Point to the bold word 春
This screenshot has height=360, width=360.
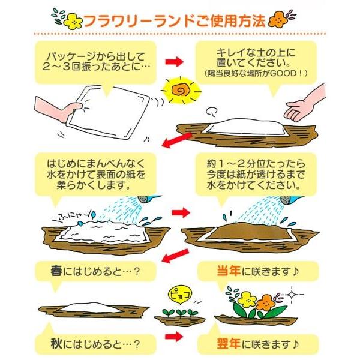[x=56, y=270]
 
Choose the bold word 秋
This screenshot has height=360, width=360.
[x=56, y=344]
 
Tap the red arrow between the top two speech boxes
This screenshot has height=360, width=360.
[x=174, y=61]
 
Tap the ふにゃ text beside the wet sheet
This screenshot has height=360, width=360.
[x=73, y=215]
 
